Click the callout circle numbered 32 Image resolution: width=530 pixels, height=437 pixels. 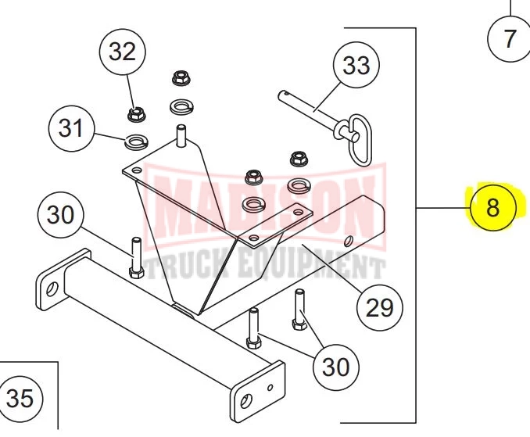[x=122, y=52]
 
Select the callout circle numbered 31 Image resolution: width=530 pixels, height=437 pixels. [x=72, y=127]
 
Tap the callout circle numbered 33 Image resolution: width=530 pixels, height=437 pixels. [x=356, y=66]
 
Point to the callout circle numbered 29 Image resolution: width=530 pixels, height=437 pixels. [x=380, y=307]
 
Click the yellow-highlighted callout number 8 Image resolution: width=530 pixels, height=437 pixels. [x=491, y=208]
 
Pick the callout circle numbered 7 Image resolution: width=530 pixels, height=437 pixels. [x=510, y=38]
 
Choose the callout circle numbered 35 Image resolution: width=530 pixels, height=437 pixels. [x=20, y=399]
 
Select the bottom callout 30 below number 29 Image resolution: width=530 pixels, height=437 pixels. [x=336, y=365]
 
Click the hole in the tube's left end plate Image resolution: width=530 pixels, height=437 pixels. [x=50, y=290]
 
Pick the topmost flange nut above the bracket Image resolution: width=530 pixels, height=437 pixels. [x=181, y=78]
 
